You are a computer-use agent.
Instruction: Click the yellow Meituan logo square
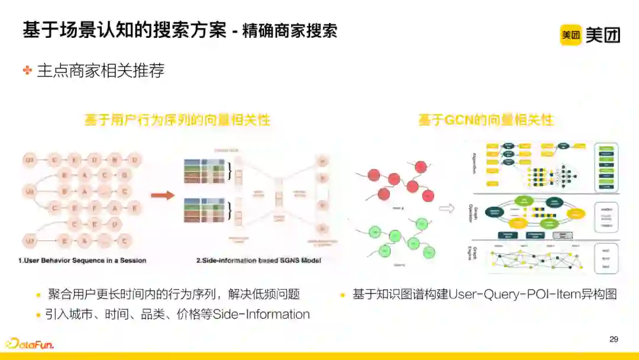pos(571,35)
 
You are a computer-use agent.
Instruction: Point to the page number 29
pos(614,339)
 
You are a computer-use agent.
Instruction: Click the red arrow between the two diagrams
pos(163,195)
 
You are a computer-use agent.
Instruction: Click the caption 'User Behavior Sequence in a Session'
pos(82,261)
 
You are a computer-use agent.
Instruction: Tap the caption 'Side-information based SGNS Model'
pos(259,261)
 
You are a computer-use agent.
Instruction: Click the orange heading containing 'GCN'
pos(486,120)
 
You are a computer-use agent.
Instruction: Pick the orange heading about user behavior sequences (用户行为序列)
pos(177,120)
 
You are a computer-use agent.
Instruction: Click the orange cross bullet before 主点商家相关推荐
pos(27,70)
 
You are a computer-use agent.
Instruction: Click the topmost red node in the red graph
pos(421,167)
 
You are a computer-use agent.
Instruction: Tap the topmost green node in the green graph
pos(422,224)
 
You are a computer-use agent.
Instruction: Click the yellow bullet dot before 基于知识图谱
pos(343,295)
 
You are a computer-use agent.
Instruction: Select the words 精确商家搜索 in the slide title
pos(289,31)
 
